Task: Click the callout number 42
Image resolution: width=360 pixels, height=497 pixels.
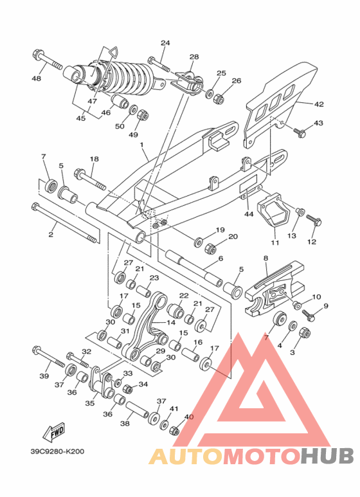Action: [x=319, y=104]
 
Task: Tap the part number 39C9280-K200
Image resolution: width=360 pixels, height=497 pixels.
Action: [x=58, y=451]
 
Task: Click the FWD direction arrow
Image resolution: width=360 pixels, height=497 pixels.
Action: [x=54, y=432]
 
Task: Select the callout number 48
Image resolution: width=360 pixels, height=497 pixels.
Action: [x=37, y=78]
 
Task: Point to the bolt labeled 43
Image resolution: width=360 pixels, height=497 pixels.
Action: [x=300, y=132]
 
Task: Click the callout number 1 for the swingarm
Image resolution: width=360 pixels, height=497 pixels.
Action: [x=141, y=145]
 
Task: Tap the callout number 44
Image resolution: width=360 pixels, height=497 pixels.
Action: [x=249, y=214]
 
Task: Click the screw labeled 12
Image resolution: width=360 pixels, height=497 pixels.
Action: [x=314, y=220]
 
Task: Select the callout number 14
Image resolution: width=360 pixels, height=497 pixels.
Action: [x=171, y=322]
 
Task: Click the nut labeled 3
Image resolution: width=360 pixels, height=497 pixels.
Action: [x=305, y=333]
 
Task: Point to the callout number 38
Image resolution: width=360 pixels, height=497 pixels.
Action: [x=125, y=423]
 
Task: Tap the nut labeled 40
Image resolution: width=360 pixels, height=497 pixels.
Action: [x=174, y=430]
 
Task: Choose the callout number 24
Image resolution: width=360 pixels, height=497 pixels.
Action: [x=165, y=43]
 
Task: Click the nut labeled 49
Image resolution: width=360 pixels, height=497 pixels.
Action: [x=143, y=114]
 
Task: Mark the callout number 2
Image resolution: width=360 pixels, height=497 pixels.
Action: [x=51, y=235]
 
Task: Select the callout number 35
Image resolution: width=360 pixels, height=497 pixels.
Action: [x=90, y=403]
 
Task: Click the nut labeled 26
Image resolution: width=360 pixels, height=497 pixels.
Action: [x=219, y=98]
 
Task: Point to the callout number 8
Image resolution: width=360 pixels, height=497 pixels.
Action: [x=265, y=258]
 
